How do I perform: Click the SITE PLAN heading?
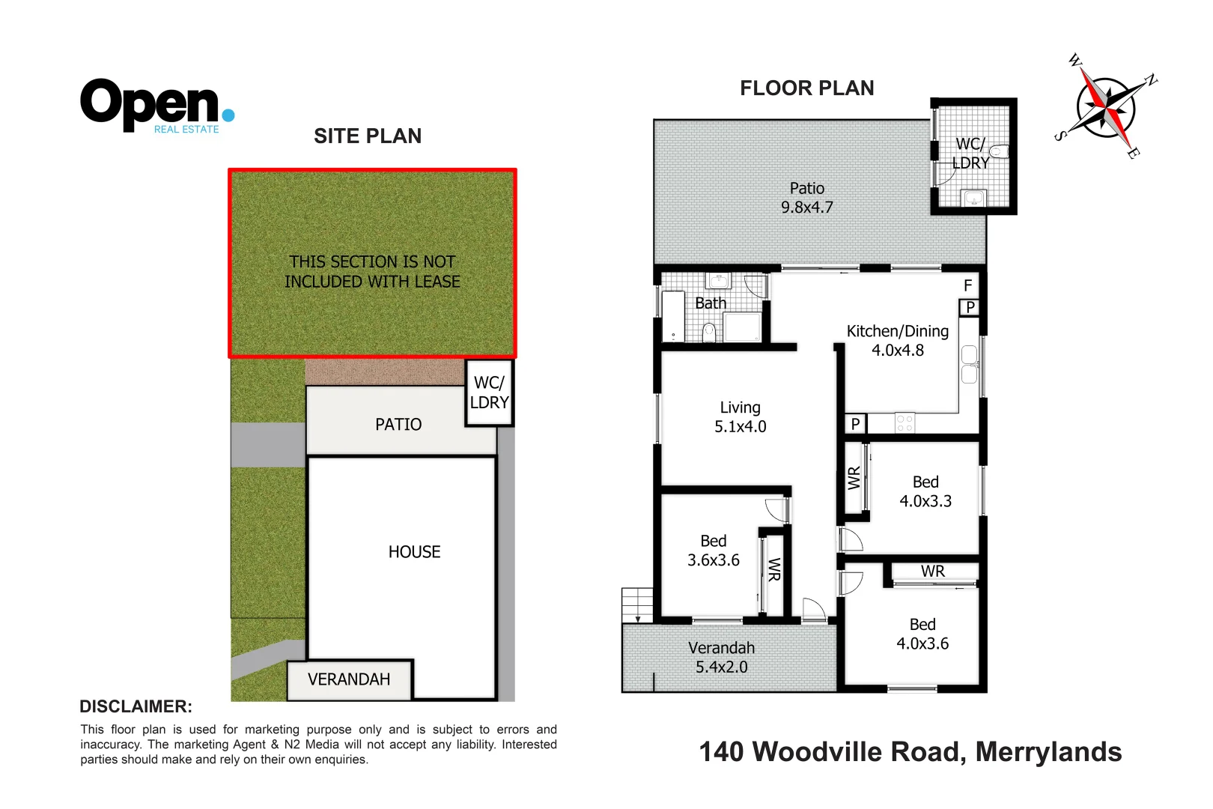tap(367, 136)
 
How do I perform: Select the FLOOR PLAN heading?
tap(806, 88)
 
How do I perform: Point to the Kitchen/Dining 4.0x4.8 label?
tap(897, 341)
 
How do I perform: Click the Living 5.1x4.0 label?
tap(740, 417)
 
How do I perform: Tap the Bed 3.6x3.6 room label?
tap(713, 551)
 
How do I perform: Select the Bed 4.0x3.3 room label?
tap(925, 492)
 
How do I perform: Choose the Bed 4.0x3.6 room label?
tap(922, 634)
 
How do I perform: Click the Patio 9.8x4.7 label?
tap(806, 199)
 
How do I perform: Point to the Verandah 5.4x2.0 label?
tap(721, 658)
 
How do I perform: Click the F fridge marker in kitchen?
tap(967, 286)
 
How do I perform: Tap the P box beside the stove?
tap(855, 424)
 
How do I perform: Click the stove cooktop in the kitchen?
tap(905, 423)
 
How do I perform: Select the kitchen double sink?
tap(969, 365)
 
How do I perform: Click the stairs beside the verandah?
tap(637, 605)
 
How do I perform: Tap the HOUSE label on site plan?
tap(414, 552)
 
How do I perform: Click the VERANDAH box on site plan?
tap(349, 679)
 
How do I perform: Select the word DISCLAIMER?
tap(136, 706)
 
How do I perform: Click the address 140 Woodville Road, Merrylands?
tap(910, 752)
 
